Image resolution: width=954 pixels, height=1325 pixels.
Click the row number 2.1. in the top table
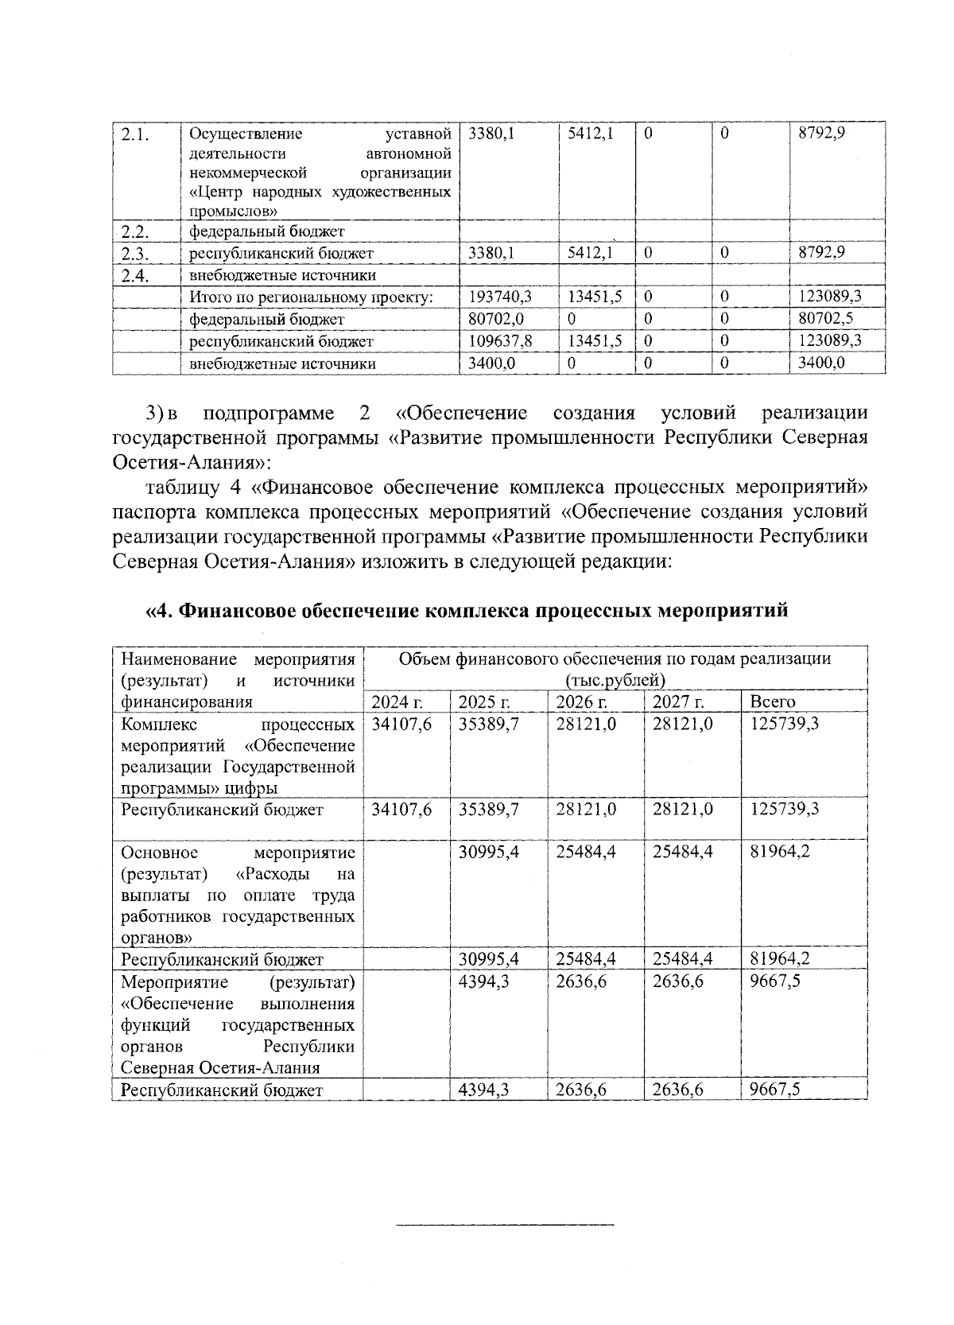point(131,134)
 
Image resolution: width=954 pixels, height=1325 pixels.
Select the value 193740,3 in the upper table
point(500,297)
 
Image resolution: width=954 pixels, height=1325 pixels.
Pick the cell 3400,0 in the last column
point(821,363)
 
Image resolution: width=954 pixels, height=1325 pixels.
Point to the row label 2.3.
point(135,254)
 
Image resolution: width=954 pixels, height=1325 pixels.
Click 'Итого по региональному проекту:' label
point(311,297)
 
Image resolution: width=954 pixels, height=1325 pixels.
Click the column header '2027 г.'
point(678,701)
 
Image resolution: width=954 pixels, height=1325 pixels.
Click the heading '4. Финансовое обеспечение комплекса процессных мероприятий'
point(467,611)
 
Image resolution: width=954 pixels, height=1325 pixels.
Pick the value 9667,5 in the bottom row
point(775,1090)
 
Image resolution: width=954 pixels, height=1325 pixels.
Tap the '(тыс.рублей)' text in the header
point(615,680)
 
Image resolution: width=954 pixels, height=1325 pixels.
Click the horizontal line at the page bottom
point(505,1224)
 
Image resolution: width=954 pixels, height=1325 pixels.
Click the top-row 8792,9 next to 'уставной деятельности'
point(821,134)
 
